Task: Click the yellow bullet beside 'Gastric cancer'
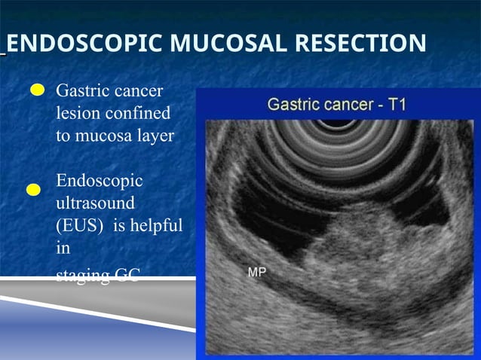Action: click(37, 91)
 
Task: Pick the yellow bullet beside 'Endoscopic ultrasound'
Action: click(33, 190)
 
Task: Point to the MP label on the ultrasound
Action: click(256, 273)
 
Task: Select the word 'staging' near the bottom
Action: click(82, 276)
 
